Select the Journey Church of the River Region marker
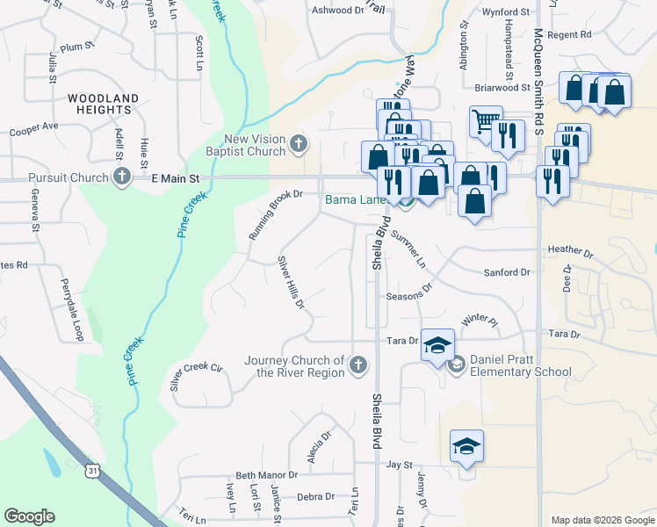coord(357,365)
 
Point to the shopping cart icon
coord(485,119)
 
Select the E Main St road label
coord(176,178)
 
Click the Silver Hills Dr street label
coord(291,283)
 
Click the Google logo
coord(29,516)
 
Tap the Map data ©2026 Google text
coord(602,520)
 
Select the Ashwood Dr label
coord(338,11)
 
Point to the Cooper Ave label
coord(33,128)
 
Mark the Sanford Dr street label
coord(507,273)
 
